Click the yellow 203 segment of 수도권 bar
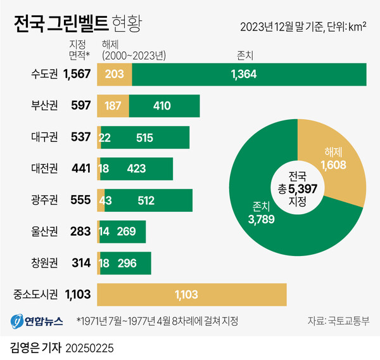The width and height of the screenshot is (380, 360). [114, 74]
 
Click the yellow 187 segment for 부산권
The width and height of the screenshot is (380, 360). [113, 105]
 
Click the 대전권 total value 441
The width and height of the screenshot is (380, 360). [80, 169]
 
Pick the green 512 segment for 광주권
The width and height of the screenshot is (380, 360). [149, 200]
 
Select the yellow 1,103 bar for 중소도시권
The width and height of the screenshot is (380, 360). [191, 293]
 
